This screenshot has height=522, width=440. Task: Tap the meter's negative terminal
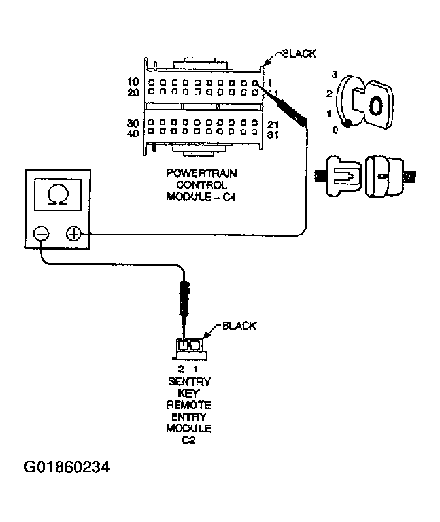(x=41, y=234)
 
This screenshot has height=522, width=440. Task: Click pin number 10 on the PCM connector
(x=133, y=82)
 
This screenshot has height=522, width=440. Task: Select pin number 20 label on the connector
(x=133, y=92)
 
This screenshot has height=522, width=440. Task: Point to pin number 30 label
(x=133, y=123)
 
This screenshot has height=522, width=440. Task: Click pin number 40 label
(x=133, y=134)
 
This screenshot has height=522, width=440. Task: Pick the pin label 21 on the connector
(x=273, y=124)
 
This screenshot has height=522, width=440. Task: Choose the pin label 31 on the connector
(x=273, y=135)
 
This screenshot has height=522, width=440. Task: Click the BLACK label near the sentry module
(x=239, y=325)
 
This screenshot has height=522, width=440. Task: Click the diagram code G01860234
(x=67, y=468)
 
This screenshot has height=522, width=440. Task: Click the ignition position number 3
(x=334, y=75)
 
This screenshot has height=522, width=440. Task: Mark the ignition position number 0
(x=335, y=130)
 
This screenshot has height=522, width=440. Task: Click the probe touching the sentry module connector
(x=185, y=301)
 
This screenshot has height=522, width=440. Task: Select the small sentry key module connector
(x=192, y=348)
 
